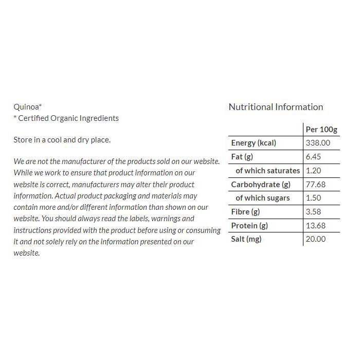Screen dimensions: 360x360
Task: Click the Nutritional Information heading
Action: (x=276, y=107)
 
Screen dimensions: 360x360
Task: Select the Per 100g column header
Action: (x=321, y=129)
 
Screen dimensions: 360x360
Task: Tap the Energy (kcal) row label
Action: (x=254, y=143)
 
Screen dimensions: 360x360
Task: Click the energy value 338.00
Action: (x=318, y=143)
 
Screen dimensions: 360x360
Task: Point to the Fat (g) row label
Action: (x=242, y=157)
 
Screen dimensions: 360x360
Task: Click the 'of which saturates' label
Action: (x=267, y=170)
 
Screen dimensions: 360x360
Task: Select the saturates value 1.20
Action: (x=314, y=170)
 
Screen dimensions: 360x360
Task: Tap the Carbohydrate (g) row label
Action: (x=261, y=184)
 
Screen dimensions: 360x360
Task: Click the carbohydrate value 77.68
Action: (x=316, y=184)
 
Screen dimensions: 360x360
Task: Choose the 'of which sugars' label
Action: (x=262, y=198)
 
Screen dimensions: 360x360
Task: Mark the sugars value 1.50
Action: (x=314, y=198)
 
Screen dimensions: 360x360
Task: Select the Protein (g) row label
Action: (x=249, y=225)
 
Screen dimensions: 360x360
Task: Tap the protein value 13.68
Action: (x=316, y=225)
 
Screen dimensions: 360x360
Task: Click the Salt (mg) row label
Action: (x=246, y=239)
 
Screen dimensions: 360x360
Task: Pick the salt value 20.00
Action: (x=316, y=239)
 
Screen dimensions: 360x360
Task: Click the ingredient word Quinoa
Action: (x=26, y=107)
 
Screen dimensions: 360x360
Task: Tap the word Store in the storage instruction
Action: (x=22, y=139)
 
